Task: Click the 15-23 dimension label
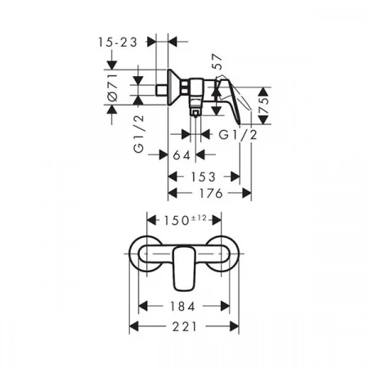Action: (x=118, y=43)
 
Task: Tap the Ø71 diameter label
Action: (x=113, y=88)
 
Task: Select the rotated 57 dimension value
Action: (x=217, y=62)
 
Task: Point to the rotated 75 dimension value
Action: (x=263, y=106)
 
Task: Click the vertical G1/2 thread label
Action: (x=139, y=133)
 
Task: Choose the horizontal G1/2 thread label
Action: (x=238, y=135)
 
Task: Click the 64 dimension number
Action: (x=182, y=155)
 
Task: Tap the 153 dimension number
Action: (x=204, y=177)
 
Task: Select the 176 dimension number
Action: (x=211, y=194)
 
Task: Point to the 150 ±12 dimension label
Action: (x=185, y=220)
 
